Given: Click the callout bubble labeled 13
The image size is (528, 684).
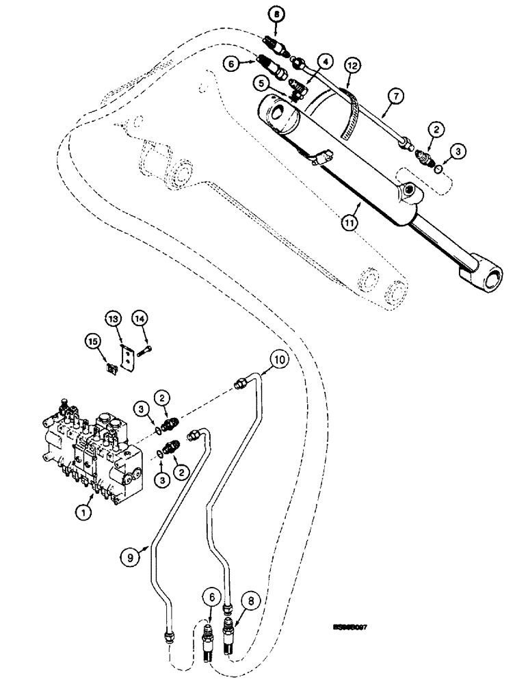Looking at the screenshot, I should [113, 318].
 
